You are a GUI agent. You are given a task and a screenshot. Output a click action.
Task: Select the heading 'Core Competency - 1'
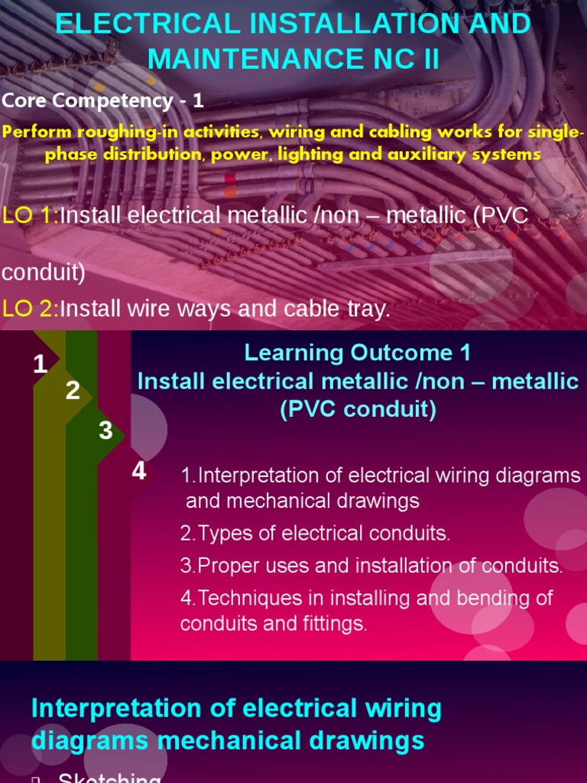(103, 100)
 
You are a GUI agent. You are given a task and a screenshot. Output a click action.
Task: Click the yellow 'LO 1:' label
(31, 216)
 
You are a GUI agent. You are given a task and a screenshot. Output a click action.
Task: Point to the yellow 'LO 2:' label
(31, 309)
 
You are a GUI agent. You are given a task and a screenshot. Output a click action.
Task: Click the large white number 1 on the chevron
(41, 365)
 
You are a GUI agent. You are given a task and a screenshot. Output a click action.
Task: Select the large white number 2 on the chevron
(73, 391)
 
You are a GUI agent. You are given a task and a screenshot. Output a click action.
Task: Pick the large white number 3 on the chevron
(105, 430)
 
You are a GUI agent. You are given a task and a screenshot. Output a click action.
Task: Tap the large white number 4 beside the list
(138, 471)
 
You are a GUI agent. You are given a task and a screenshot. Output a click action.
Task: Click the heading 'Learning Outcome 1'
(358, 353)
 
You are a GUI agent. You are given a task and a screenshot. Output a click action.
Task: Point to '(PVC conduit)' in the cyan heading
(358, 410)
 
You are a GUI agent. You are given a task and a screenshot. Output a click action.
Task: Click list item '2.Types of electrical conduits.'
(316, 534)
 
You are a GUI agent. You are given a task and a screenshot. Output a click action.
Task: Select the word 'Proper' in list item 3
(227, 566)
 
